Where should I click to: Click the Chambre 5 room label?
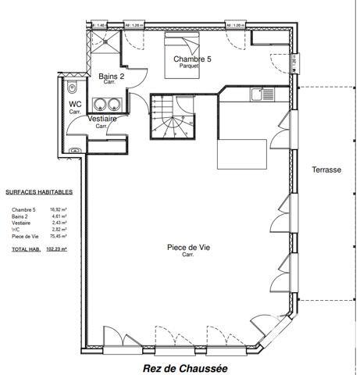pyautogui.click(x=192, y=59)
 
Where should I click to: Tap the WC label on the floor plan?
pyautogui.click(x=75, y=103)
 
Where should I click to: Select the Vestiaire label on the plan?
pyautogui.click(x=102, y=119)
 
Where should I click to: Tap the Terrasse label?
pyautogui.click(x=326, y=170)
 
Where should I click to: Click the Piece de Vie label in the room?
pyautogui.click(x=187, y=248)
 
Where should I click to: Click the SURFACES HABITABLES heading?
pyautogui.click(x=39, y=191)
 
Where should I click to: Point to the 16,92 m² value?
pyautogui.click(x=59, y=209)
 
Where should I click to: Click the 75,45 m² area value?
pyautogui.click(x=59, y=236)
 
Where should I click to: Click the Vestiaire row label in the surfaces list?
pyautogui.click(x=21, y=223)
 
